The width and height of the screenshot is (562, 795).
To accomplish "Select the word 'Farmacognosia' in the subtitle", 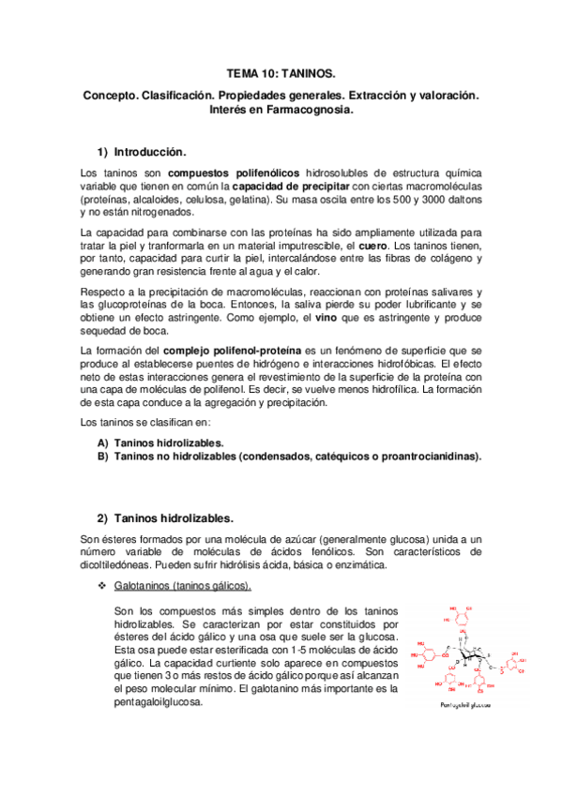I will (x=312, y=110).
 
